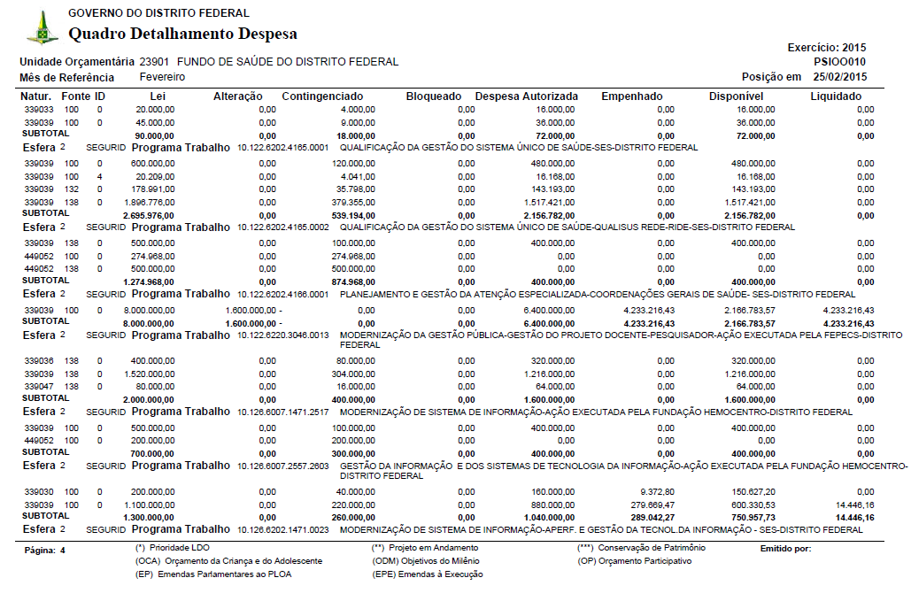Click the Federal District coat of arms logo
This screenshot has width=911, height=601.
click(x=42, y=27)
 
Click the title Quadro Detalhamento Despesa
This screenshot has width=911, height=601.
click(x=182, y=35)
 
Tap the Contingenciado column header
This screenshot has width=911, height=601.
click(x=322, y=96)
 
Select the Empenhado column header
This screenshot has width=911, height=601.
click(x=631, y=96)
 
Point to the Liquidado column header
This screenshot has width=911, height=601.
click(x=835, y=96)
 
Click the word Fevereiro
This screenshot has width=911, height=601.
click(x=162, y=77)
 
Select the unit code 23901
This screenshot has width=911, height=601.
click(x=155, y=62)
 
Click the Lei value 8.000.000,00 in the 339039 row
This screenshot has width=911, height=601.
click(x=148, y=311)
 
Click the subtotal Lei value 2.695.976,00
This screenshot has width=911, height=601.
click(x=147, y=216)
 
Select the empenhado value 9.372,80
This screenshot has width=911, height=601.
click(x=656, y=491)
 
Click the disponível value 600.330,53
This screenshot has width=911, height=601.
click(x=748, y=504)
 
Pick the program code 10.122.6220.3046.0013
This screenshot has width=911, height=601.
click(x=283, y=335)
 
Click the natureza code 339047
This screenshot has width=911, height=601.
click(x=39, y=387)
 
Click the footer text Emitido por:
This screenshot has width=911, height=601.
click(x=785, y=550)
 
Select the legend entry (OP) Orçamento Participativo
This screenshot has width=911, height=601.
click(x=629, y=561)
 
